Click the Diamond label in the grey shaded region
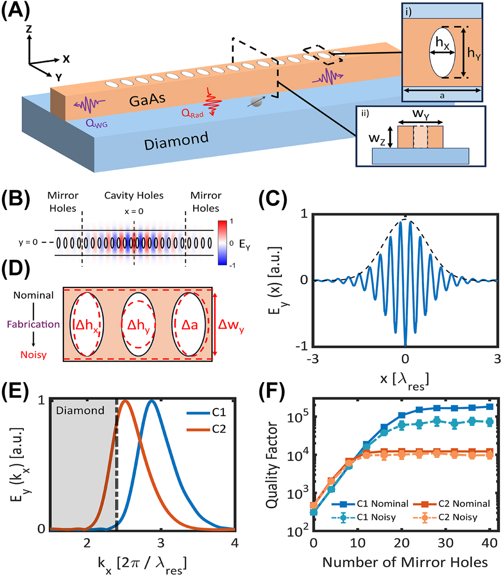point(81,410)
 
